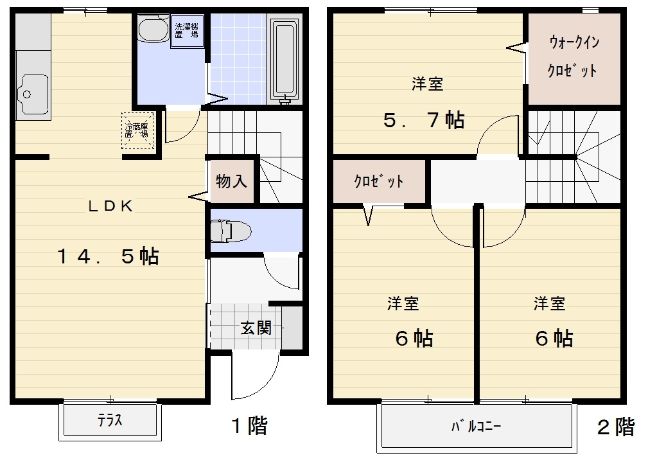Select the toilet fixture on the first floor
click(x=230, y=231)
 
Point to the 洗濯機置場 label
click(x=186, y=31)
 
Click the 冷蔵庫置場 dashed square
click(x=138, y=130)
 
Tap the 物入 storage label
click(x=231, y=181)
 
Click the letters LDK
click(x=110, y=206)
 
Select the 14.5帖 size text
click(x=109, y=256)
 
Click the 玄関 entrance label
click(x=256, y=328)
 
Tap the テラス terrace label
click(x=110, y=420)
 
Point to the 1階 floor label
click(x=249, y=425)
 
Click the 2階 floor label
click(x=616, y=427)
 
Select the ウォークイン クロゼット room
click(x=574, y=58)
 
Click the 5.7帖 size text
click(x=424, y=120)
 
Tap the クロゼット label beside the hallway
click(x=378, y=181)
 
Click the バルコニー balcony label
click(x=476, y=426)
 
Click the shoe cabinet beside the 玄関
click(x=292, y=327)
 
